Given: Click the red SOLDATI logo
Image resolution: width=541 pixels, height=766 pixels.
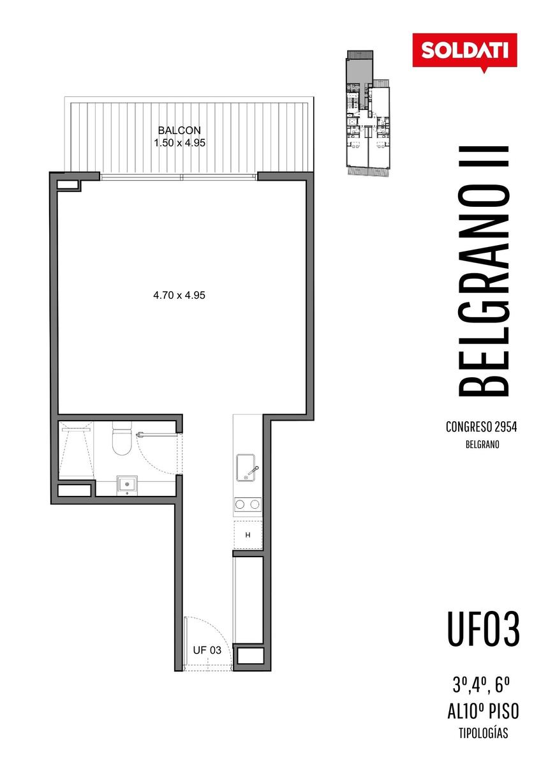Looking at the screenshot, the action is (x=464, y=52).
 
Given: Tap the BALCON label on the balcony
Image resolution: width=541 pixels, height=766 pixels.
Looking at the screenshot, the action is (x=179, y=130).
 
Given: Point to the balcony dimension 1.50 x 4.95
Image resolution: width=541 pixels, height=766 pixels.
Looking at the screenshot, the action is (x=179, y=142).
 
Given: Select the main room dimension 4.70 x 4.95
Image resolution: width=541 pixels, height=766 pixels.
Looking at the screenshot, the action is (x=179, y=295).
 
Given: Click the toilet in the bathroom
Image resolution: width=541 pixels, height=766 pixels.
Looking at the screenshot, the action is (x=122, y=439).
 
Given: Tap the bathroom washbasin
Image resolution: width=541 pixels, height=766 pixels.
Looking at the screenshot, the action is (x=127, y=485).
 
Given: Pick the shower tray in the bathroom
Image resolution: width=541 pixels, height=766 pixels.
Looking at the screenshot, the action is (x=76, y=451).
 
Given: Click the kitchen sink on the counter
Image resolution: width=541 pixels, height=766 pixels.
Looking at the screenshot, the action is (x=248, y=467).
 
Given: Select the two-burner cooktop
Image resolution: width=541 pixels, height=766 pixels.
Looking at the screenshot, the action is (x=248, y=504).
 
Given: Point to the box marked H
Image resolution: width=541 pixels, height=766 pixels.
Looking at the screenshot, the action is (x=248, y=535).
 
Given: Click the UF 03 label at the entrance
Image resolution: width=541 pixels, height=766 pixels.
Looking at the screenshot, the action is (x=207, y=650).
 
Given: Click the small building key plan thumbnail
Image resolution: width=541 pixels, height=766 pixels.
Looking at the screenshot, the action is (x=368, y=113).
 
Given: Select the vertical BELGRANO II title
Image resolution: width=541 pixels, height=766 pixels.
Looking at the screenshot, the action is (x=484, y=271).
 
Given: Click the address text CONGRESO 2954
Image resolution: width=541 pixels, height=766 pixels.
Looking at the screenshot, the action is (x=481, y=427).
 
